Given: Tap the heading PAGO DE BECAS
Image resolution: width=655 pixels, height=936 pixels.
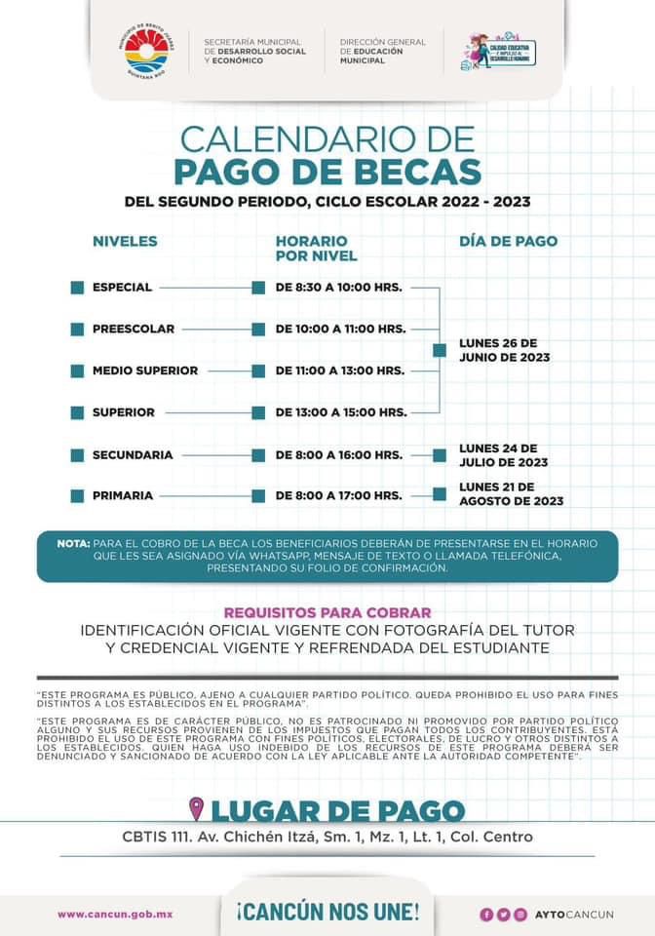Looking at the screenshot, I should click(x=327, y=171).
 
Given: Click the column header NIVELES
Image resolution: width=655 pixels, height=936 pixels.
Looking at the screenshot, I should click(x=125, y=241).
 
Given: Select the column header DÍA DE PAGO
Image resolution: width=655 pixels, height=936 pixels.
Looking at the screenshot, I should click(x=508, y=241).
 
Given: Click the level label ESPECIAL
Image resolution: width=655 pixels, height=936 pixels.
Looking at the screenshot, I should click(x=122, y=288).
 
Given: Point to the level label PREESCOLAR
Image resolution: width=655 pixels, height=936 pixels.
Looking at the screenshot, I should click(x=134, y=329).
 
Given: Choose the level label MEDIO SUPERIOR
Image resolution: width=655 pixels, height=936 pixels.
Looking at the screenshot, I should click(x=145, y=370).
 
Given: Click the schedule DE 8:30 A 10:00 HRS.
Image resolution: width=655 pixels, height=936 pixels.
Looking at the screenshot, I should click(x=339, y=288).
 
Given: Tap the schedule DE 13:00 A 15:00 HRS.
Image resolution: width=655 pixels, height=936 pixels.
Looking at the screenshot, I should click(x=341, y=412).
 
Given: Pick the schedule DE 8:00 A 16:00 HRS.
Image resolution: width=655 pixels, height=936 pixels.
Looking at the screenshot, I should click(x=339, y=454).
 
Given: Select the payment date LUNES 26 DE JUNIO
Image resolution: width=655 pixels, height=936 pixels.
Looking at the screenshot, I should click(x=504, y=350).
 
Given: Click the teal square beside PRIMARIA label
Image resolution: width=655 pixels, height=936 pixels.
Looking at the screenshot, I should click(x=77, y=495).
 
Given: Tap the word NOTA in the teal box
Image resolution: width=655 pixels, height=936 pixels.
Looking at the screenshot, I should click(x=73, y=543).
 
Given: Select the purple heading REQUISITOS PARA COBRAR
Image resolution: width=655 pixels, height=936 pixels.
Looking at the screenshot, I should click(x=327, y=612).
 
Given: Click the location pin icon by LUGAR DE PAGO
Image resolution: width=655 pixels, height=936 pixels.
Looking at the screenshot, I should click(x=197, y=808).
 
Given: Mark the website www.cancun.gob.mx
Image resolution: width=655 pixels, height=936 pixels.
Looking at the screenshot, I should click(x=115, y=914).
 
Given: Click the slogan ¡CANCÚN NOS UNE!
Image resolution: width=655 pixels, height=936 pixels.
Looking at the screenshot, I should click(x=327, y=913).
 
